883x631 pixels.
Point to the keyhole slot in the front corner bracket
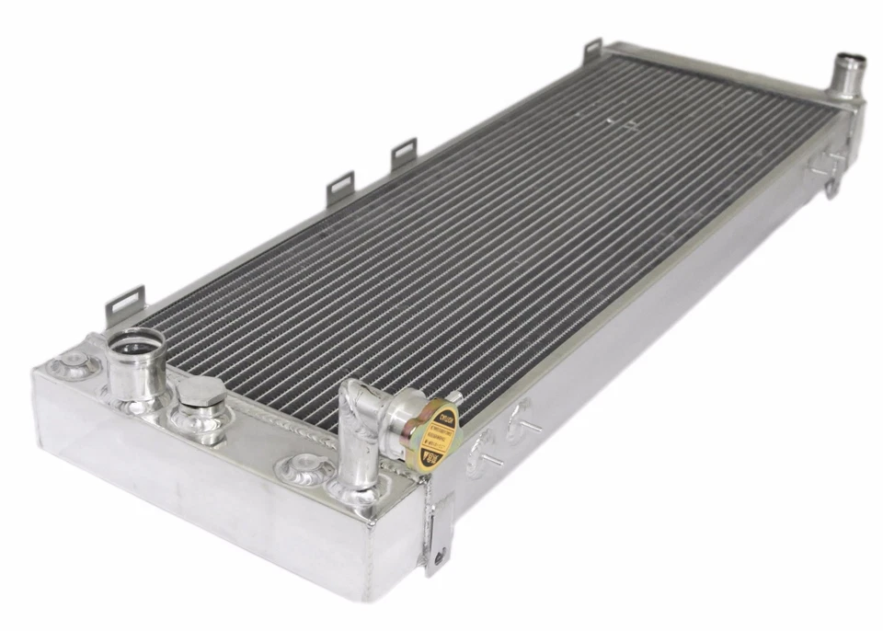[x=439, y=549]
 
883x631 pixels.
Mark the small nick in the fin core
[x=609, y=119]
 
